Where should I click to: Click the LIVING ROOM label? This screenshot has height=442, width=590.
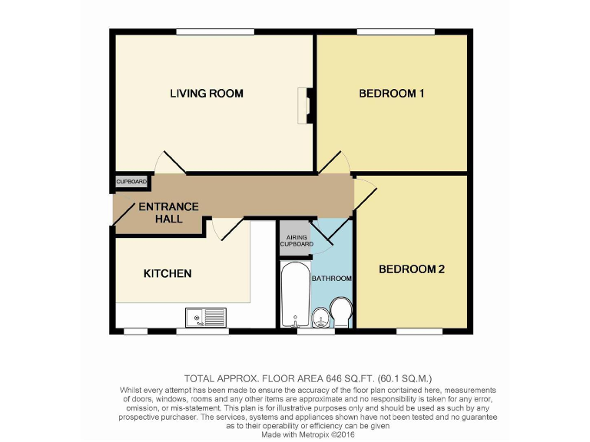(x=207, y=94)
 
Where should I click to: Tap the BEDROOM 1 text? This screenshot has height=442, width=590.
(x=392, y=94)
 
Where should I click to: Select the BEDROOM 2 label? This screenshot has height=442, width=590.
(x=412, y=269)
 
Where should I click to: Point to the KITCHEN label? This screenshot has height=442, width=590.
(x=167, y=273)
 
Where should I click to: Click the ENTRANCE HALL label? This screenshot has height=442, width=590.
(x=168, y=213)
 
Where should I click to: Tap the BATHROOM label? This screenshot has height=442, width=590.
(x=331, y=278)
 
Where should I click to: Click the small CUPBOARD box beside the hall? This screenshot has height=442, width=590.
(x=131, y=182)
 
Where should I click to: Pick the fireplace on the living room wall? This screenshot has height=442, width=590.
(x=304, y=105)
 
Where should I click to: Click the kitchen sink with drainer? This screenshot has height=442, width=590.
(x=206, y=315)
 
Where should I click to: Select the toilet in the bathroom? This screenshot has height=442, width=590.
(x=340, y=312)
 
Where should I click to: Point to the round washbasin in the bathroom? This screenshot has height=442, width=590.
(x=320, y=315)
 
